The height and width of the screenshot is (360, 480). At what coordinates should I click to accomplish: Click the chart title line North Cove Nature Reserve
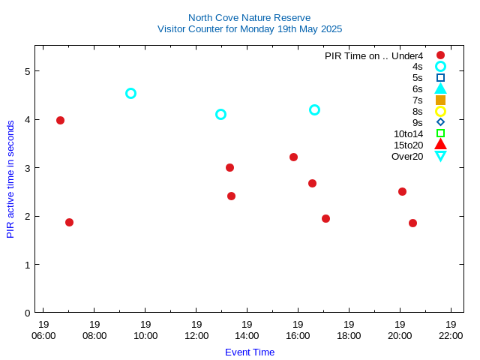pos(249,17)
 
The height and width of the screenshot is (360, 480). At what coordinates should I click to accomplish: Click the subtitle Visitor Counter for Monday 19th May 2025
pos(249,29)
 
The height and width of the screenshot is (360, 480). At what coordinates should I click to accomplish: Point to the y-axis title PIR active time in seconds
pos(10,179)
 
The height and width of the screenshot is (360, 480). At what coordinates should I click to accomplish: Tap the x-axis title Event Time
pos(249,352)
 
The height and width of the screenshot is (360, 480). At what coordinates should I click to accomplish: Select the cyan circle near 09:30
pos(130,94)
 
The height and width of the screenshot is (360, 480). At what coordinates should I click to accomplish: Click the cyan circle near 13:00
pos(220,114)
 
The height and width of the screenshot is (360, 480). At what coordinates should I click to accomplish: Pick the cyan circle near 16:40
pos(314,109)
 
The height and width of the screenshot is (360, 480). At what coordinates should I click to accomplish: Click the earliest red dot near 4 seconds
pos(60,120)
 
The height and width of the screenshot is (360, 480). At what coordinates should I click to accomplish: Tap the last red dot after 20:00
pos(412,223)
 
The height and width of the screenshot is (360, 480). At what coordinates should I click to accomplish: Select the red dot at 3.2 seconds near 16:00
pos(293,157)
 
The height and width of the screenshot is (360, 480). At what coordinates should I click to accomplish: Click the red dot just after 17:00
pos(325,218)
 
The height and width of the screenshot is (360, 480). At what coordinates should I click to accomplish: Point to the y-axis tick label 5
pos(26,71)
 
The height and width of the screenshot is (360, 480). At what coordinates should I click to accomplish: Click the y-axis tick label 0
pos(26,313)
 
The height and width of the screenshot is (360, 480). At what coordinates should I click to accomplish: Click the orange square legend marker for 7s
pos(440,100)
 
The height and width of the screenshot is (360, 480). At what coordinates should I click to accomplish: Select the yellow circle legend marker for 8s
pos(440,111)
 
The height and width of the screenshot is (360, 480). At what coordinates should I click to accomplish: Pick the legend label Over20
pos(407,156)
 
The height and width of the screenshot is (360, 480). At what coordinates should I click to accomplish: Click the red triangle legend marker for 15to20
pos(440,145)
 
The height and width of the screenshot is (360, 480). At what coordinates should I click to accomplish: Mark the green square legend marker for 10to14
pos(440,133)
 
